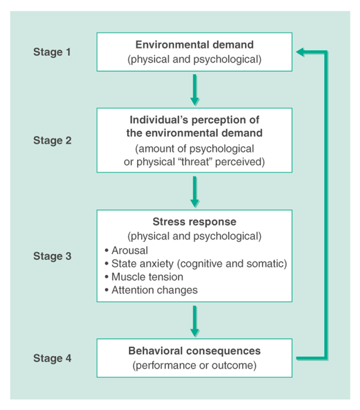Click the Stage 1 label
click(x=52, y=52)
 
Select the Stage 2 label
click(x=52, y=141)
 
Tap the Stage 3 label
click(x=52, y=256)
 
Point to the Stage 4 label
click(x=52, y=358)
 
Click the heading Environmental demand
click(x=194, y=45)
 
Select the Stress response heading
click(x=194, y=222)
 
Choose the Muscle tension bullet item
click(x=147, y=277)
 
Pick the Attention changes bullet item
click(x=154, y=290)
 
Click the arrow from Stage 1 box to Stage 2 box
click(x=194, y=89)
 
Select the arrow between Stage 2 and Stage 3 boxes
click(x=194, y=191)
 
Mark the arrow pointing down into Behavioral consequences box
click(x=194, y=320)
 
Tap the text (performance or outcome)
click(x=194, y=366)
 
